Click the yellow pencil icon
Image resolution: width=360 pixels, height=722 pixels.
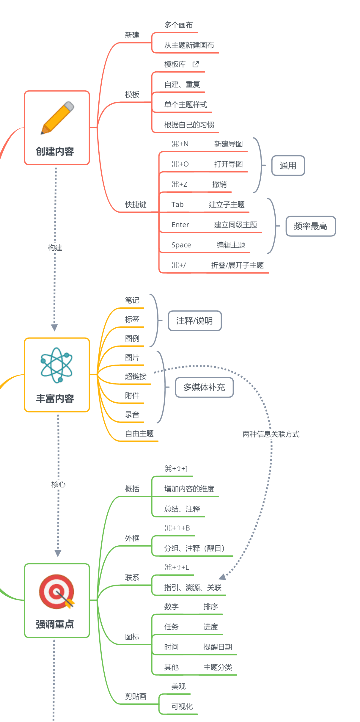(x=57, y=118)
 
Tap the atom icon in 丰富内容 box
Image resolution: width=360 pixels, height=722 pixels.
(x=56, y=365)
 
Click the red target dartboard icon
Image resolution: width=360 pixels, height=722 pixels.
(x=56, y=591)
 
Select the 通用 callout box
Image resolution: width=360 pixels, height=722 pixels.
(x=288, y=166)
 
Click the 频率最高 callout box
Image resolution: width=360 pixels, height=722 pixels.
(x=310, y=226)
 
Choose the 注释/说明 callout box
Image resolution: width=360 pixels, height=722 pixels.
(x=194, y=321)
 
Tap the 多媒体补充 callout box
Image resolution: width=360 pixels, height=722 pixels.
(x=204, y=387)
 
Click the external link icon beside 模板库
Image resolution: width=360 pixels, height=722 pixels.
(x=196, y=64)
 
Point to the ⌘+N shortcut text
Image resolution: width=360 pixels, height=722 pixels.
(x=180, y=144)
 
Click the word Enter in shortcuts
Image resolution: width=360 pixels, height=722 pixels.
(x=180, y=225)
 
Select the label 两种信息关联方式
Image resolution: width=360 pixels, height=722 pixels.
(x=271, y=434)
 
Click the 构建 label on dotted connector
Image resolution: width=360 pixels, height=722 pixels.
(x=55, y=248)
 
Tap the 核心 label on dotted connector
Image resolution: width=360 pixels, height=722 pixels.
(x=58, y=484)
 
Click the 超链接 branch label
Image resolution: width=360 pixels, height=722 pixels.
(x=136, y=376)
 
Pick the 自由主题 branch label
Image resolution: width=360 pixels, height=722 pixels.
(x=139, y=434)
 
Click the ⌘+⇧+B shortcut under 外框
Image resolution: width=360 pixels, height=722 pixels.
(x=177, y=528)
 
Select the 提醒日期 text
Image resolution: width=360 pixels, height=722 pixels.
(x=218, y=647)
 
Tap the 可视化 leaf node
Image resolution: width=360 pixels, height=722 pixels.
(x=182, y=707)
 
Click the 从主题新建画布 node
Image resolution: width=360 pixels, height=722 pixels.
(x=189, y=45)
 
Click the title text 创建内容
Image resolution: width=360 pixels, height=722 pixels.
(x=55, y=151)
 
